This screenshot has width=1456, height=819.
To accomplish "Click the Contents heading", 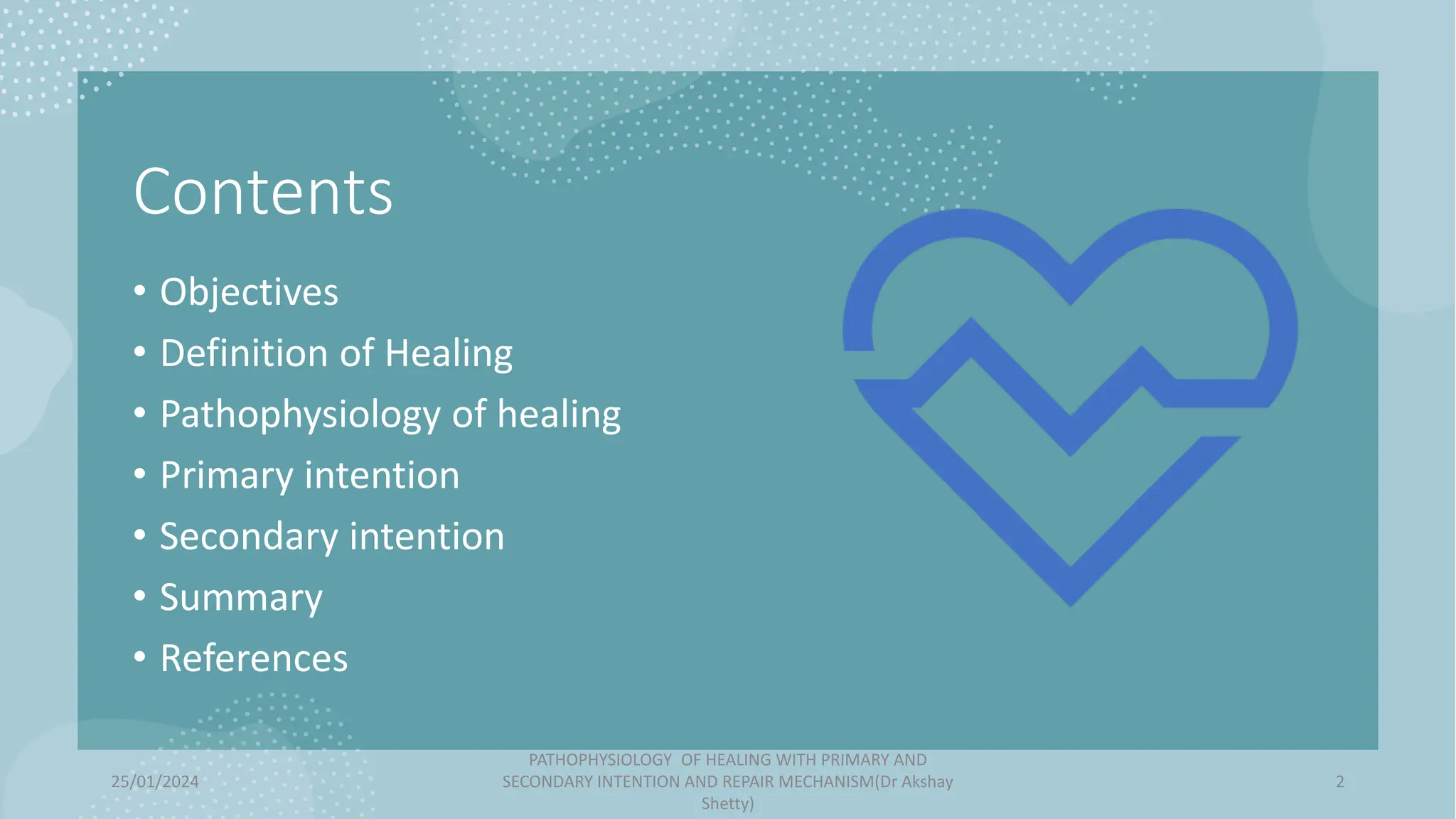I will coord(262,192).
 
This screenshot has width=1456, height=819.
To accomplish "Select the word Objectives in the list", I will coord(249,292).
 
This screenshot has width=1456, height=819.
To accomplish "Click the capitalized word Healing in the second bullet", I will coord(449,353).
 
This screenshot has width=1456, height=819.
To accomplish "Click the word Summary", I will coord(241,598).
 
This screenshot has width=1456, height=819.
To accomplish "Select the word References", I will coord(254,658).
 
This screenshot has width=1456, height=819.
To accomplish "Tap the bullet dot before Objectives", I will coord(140,290).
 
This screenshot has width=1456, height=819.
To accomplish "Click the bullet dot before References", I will coord(140,656).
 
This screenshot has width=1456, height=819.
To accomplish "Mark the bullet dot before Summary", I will coord(140,595).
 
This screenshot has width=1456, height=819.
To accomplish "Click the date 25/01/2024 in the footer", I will coord(155,782).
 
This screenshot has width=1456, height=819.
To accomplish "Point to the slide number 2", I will coord(1339,782).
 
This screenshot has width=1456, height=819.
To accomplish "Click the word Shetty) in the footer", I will coord(727,804).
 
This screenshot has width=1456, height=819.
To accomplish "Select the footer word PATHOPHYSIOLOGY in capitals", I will coord(600,760).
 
